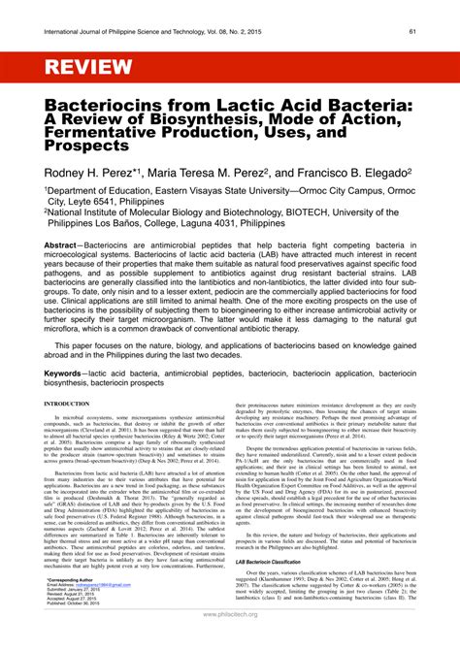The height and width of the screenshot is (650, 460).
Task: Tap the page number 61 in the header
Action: coord(412,30)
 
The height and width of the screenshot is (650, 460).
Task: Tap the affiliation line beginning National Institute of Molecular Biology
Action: coord(223,220)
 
